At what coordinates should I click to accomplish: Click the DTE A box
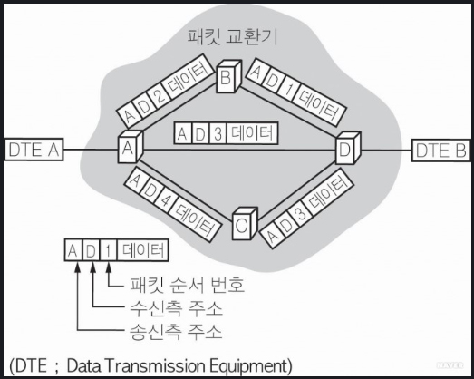pos(34,150)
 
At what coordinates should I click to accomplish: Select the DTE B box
pos(441,151)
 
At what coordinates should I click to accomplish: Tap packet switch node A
pos(130,147)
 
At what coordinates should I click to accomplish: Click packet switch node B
pos(228,76)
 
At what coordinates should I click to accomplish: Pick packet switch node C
pos(245,224)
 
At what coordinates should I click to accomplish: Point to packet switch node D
pos(348,148)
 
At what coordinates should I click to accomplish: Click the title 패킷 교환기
pos(232,37)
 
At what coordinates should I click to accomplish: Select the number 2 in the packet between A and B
pos(160,95)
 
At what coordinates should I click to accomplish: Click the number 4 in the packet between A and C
pos(165,201)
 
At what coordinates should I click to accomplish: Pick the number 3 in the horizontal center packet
pos(218,134)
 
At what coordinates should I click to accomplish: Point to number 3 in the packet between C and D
pos(298,214)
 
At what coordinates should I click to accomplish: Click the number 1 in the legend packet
pos(108,251)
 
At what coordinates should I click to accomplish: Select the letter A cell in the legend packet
pos(73,251)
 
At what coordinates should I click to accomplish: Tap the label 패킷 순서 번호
pos(188,285)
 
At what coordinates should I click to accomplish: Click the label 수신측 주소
pos(176,308)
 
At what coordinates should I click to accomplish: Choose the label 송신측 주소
pos(176,332)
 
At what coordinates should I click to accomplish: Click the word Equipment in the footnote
pos(247,366)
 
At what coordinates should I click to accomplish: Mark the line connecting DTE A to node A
pos(91,150)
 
